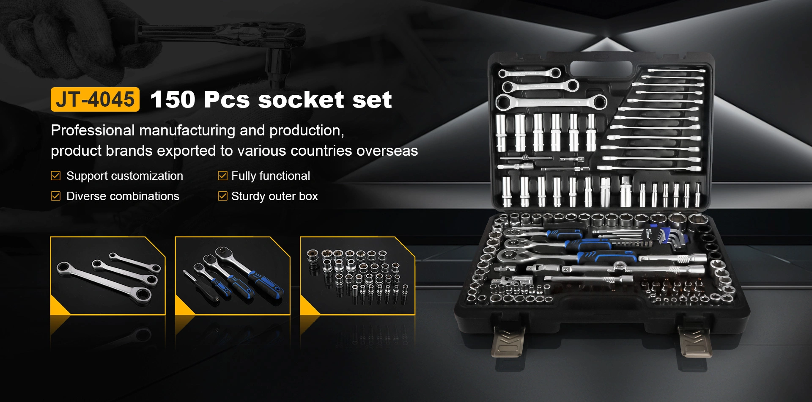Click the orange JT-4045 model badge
pyautogui.click(x=95, y=99)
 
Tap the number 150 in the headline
pyautogui.click(x=173, y=99)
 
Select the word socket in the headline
pyautogui.click(x=301, y=99)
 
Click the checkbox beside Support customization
pyautogui.click(x=55, y=176)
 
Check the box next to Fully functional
pyautogui.click(x=222, y=176)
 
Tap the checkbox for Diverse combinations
pyautogui.click(x=55, y=196)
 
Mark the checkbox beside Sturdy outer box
pyautogui.click(x=222, y=196)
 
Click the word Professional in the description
pyautogui.click(x=93, y=130)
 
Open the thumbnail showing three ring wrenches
pyautogui.click(x=108, y=275)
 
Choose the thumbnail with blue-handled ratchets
pyautogui.click(x=233, y=275)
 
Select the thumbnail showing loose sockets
pyautogui.click(x=357, y=275)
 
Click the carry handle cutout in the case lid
pyautogui.click(x=601, y=69)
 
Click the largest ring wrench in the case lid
pyautogui.click(x=551, y=102)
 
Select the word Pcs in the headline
pyautogui.click(x=227, y=99)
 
